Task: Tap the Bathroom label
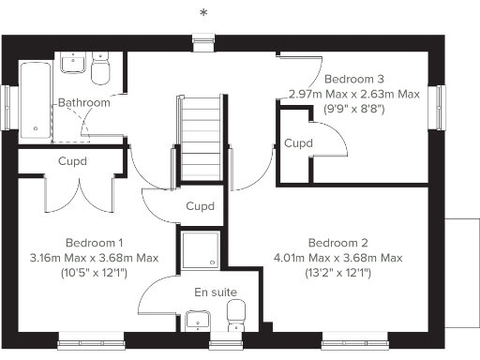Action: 83,102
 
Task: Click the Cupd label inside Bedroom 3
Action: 298,143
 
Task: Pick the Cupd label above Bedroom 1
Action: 72,161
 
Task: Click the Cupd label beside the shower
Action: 200,206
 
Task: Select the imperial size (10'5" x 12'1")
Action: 95,272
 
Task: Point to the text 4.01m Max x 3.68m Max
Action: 337,258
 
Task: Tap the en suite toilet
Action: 236,314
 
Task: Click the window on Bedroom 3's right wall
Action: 439,104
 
